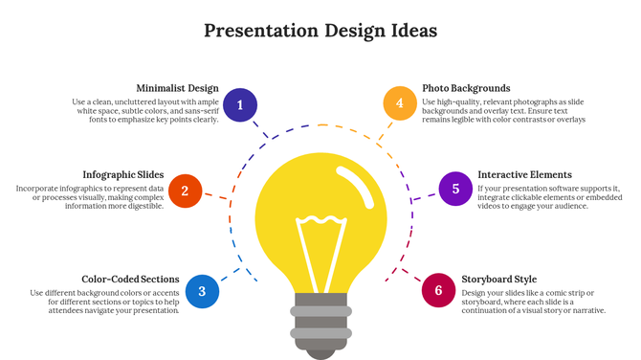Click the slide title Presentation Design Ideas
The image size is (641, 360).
pyautogui.click(x=320, y=31)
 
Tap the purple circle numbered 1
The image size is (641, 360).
pyautogui.click(x=240, y=105)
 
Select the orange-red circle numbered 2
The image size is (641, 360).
pyautogui.click(x=185, y=191)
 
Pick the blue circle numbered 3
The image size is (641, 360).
pyautogui.click(x=202, y=291)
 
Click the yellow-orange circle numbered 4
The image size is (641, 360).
pyautogui.click(x=400, y=103)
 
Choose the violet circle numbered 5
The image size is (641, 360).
pyautogui.click(x=455, y=189)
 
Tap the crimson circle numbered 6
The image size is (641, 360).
pyautogui.click(x=438, y=290)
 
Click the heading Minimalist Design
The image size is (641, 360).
pyautogui.click(x=177, y=88)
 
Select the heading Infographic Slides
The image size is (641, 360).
pyautogui.click(x=122, y=175)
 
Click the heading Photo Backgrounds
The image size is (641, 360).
pyautogui.click(x=466, y=88)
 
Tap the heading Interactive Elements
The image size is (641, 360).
pyautogui.click(x=524, y=175)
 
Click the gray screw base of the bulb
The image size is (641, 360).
pyautogui.click(x=320, y=321)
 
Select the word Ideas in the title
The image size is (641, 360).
pyautogui.click(x=409, y=31)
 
